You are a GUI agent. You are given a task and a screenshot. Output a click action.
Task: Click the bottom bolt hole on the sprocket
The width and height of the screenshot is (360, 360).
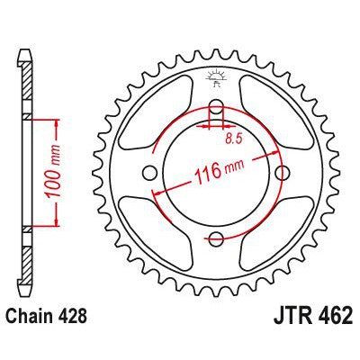point(217,237)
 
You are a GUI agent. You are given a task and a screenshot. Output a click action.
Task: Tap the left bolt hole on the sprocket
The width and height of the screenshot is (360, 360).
point(151,172)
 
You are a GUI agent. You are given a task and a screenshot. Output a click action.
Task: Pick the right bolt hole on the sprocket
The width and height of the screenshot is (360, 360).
point(282,172)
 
